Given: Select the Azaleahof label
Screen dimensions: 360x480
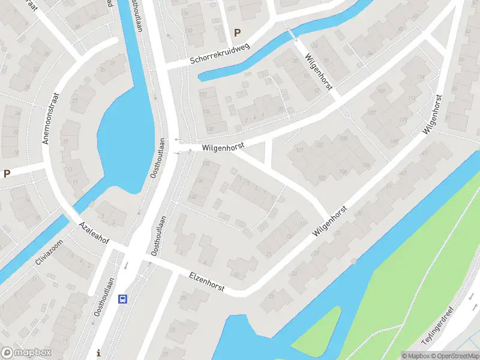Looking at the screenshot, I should tap(93, 232).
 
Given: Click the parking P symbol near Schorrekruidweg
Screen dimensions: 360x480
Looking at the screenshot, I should tap(238, 33).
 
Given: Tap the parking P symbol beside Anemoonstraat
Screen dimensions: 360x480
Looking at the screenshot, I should tap(7, 174).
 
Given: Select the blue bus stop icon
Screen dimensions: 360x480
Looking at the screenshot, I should tap(122, 298).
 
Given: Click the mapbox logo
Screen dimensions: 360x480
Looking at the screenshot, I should tap(26, 353).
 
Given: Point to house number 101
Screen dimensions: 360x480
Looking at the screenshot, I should tap(299, 149).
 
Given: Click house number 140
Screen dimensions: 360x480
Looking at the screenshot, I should tap(193, 196).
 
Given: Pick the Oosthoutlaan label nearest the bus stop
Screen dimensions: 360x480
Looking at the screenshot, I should tap(104, 298).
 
